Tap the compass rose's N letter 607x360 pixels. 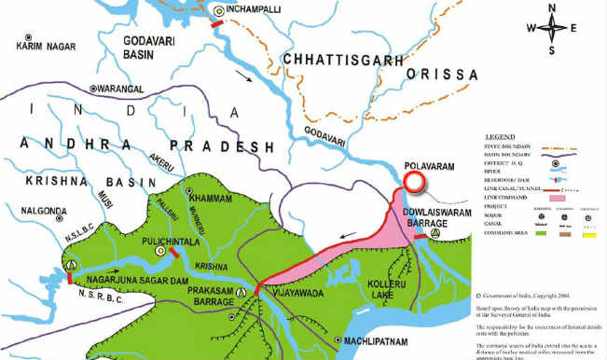tap(552, 10)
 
